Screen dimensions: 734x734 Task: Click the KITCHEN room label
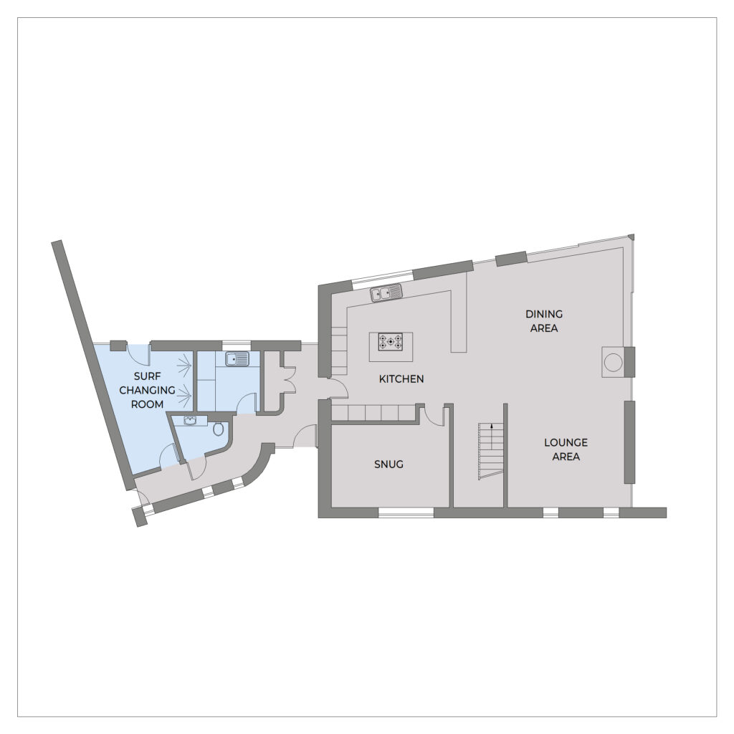point(401,378)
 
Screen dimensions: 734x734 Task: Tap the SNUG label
point(389,464)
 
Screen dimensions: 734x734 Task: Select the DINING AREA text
point(544,321)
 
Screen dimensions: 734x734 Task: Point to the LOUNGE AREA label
point(566,449)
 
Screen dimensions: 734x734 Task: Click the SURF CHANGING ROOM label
point(147,390)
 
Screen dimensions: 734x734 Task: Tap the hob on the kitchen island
point(391,342)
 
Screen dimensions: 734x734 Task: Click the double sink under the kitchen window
point(386,293)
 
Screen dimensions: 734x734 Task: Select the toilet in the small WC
point(219,429)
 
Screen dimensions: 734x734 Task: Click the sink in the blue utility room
point(237,359)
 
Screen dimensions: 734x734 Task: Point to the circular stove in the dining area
point(613,362)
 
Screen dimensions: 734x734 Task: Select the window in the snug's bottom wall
point(406,513)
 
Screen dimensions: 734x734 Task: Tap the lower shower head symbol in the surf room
point(186,394)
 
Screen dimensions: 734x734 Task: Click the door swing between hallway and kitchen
point(339,389)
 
